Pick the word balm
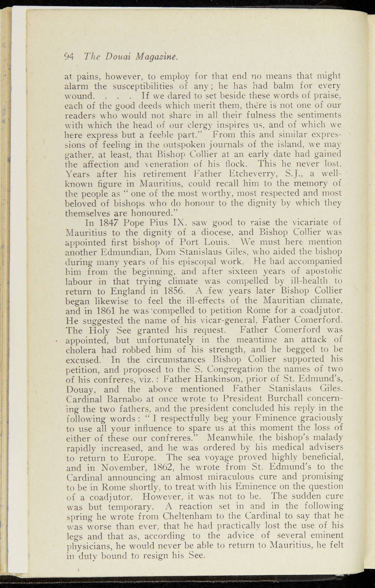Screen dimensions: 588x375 261,86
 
